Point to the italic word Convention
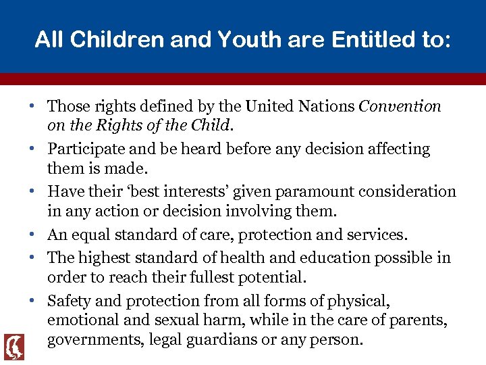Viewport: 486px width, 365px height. (x=400, y=106)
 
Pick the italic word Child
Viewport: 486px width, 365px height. (x=213, y=125)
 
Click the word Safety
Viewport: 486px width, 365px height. (x=69, y=301)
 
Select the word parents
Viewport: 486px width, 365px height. (x=418, y=320)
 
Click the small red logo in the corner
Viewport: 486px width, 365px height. (x=13, y=347)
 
